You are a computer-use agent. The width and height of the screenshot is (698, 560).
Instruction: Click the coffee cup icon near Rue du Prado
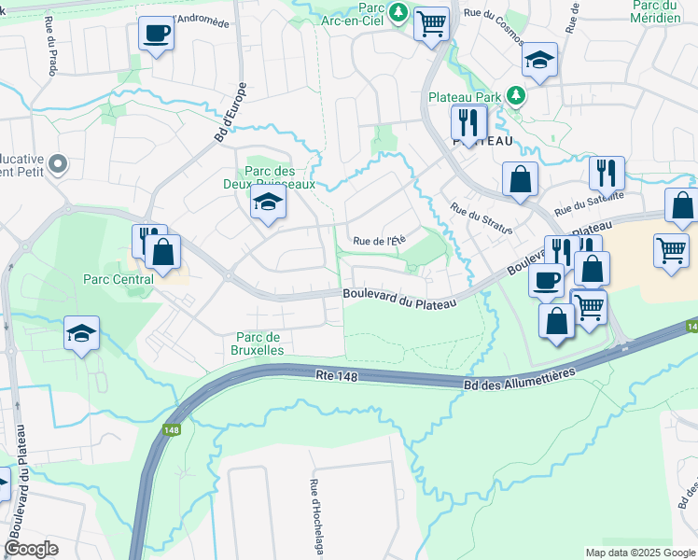(x=156, y=35)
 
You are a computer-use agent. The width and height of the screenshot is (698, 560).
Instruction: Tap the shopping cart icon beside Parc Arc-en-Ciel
(x=431, y=23)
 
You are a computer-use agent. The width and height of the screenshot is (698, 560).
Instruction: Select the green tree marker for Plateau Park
(x=515, y=96)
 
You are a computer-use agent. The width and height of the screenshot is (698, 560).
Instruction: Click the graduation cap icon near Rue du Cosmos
(x=539, y=61)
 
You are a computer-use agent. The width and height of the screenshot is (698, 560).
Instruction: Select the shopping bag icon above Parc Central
(x=162, y=252)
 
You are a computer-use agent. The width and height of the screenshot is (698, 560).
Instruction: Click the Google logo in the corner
(x=32, y=548)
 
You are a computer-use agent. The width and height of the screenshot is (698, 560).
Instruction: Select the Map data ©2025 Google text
(x=639, y=553)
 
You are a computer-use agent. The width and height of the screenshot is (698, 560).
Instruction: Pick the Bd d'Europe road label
(x=230, y=114)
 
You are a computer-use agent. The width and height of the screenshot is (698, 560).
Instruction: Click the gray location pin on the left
(x=58, y=165)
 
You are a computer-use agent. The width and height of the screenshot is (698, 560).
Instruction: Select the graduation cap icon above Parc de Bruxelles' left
(x=81, y=334)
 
